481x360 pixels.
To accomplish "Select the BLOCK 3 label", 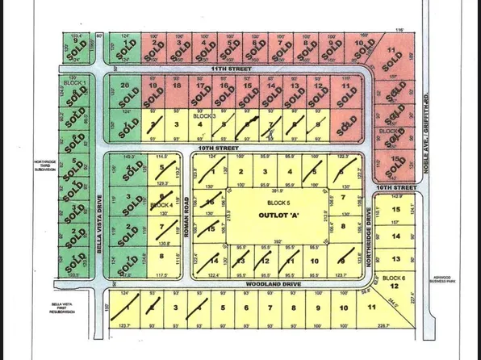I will (205, 116).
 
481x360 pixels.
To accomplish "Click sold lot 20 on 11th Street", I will (123, 86).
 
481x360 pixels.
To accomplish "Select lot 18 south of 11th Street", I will (175, 86).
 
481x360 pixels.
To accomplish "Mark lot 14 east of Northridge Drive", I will (395, 236).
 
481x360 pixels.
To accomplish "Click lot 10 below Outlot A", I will (315, 261).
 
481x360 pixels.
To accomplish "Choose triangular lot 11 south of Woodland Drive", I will (370, 308).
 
